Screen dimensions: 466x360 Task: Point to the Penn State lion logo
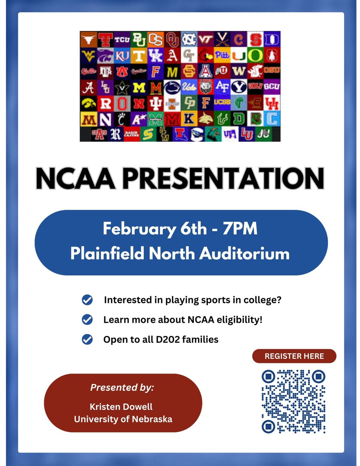pos(172,88)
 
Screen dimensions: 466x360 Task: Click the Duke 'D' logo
pos(273,40)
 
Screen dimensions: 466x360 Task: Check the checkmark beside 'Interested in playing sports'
pos(87,300)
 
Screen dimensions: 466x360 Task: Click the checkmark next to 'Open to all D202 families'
pos(87,339)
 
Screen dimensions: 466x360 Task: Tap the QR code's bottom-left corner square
pos(268,426)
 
